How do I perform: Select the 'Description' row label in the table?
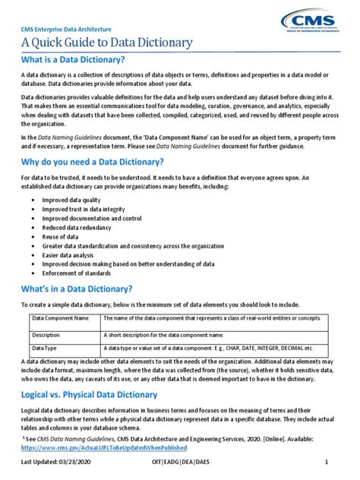[x=46, y=334]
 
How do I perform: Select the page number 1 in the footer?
[x=326, y=463]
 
